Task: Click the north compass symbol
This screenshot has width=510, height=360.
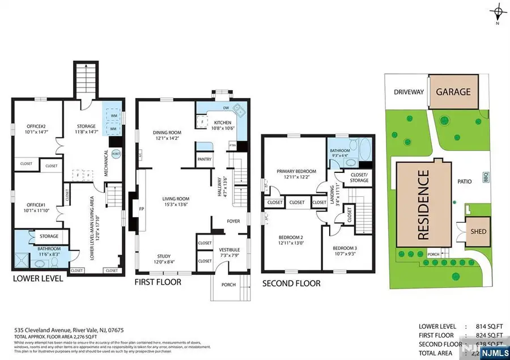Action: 498,12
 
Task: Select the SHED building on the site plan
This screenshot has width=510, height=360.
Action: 479,231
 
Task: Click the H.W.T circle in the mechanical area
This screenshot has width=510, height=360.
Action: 116,154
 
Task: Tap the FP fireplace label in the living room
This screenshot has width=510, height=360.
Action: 141,208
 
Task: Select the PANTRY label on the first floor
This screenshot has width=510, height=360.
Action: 205,159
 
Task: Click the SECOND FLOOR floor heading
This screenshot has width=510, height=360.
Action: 291,283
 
